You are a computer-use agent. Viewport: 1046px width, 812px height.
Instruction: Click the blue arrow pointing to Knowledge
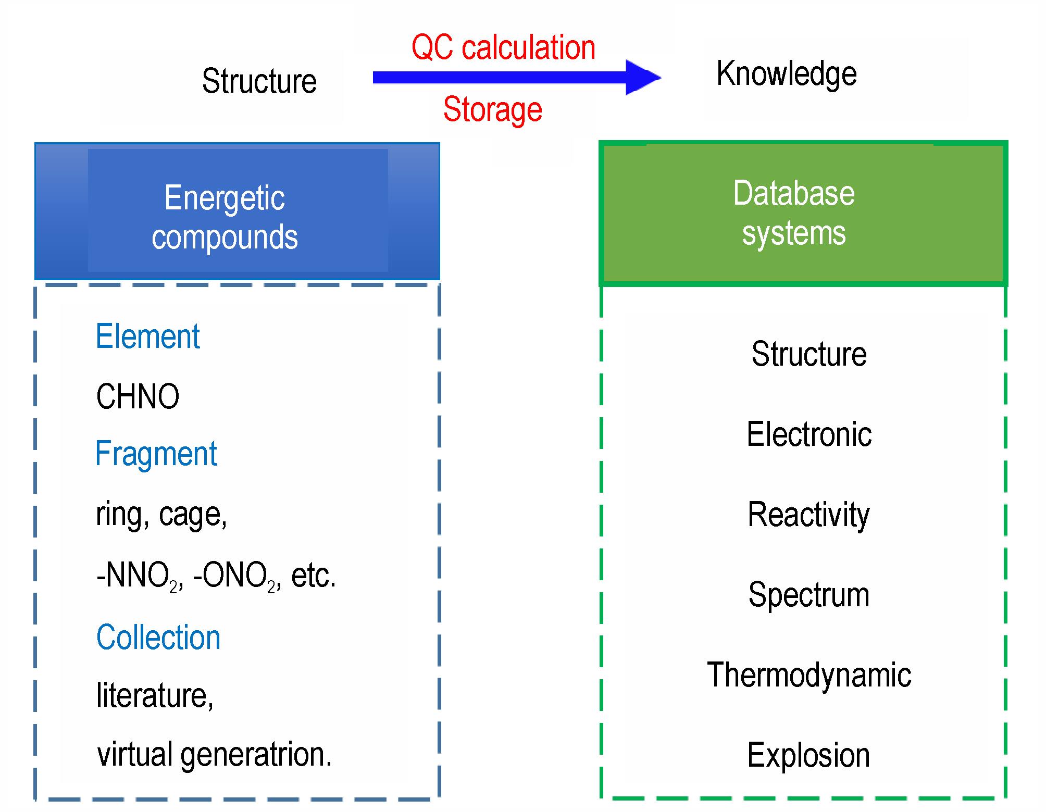pos(517,78)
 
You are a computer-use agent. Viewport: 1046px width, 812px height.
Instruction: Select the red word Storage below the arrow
pos(493,109)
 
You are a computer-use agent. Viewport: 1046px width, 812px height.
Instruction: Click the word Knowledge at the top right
pos(787,74)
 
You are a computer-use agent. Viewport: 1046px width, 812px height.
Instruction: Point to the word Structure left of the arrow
pos(259,81)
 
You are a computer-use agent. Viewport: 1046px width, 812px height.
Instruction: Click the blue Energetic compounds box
pos(237,211)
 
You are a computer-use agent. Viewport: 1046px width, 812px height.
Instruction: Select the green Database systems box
pos(803,213)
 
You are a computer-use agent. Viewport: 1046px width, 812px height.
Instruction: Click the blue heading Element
pos(148,336)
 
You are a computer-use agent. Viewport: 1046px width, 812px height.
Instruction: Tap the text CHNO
pos(138,396)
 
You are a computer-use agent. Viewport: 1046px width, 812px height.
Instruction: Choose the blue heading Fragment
pos(156,454)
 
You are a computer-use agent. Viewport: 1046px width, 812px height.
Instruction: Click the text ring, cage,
pos(161,515)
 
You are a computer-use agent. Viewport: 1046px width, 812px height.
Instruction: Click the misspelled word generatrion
pos(256,755)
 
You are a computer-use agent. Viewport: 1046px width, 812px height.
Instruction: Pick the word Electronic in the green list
pos(809,434)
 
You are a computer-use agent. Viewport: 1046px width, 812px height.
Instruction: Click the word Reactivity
pos(808,515)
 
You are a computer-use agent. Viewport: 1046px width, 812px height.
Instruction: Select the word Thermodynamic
pos(809,675)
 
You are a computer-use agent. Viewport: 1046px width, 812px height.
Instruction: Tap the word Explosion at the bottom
pos(808,755)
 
